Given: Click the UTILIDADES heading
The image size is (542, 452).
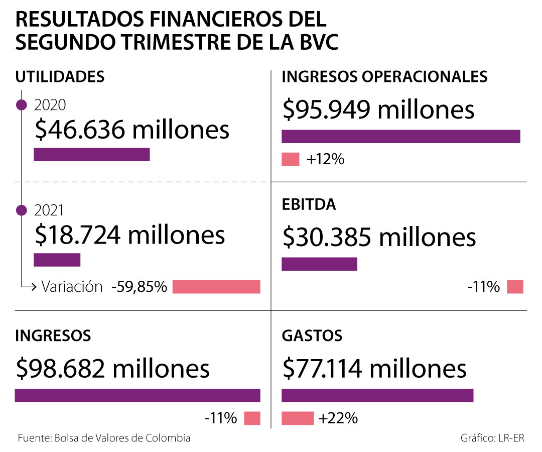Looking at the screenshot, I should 60,77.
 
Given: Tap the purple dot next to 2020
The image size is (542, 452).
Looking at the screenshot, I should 22,105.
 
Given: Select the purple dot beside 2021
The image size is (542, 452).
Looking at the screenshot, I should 22,210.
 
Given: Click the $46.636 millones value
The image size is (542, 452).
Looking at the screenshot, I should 132,130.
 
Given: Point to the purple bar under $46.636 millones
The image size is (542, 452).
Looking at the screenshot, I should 92,155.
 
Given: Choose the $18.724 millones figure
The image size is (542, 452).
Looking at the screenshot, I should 130,235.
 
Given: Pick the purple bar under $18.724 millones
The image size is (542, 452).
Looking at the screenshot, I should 57,260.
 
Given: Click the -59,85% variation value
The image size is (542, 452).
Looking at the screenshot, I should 139,287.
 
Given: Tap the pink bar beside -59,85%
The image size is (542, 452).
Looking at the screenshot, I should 216,287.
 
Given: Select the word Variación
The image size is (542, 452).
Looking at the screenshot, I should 72,287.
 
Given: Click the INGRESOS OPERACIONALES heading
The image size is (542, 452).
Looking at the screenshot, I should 385,77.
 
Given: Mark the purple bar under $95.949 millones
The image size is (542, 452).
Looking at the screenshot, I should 400,137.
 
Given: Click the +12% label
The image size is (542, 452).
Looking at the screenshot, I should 326,160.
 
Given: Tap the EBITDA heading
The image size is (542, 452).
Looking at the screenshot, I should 309,205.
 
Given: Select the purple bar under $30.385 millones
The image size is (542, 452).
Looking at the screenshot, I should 319,264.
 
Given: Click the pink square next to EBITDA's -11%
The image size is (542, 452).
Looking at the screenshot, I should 515,287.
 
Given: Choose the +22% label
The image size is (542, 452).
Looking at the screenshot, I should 338,418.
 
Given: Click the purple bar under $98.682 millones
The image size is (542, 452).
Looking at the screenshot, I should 138,396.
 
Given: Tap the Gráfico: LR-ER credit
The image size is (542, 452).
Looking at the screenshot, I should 492,438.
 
